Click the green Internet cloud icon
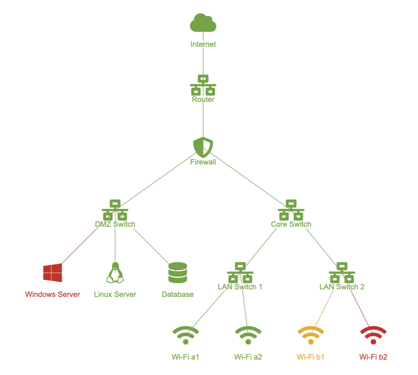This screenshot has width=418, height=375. (x=203, y=23)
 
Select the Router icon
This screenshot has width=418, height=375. (x=203, y=85)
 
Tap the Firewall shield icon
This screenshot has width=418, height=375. (x=203, y=147)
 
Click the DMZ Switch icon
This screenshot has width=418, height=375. (x=115, y=210)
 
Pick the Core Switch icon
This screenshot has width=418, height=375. (x=291, y=210)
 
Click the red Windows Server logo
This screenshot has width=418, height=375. (x=53, y=273)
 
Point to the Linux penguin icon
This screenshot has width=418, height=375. (x=115, y=273)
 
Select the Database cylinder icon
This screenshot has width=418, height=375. (x=178, y=273)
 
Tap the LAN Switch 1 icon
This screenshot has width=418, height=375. (x=240, y=273)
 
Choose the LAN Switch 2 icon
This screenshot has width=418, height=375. (x=342, y=273)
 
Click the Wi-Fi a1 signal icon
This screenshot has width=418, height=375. (x=186, y=335)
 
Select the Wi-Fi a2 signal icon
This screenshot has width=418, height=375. (x=248, y=335)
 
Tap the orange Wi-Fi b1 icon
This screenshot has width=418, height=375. (x=311, y=335)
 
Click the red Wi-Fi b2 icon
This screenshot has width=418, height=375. (x=373, y=335)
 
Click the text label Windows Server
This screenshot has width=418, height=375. (x=53, y=294)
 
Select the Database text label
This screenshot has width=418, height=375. (x=178, y=294)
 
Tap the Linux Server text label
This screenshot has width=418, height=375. (x=115, y=294)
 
